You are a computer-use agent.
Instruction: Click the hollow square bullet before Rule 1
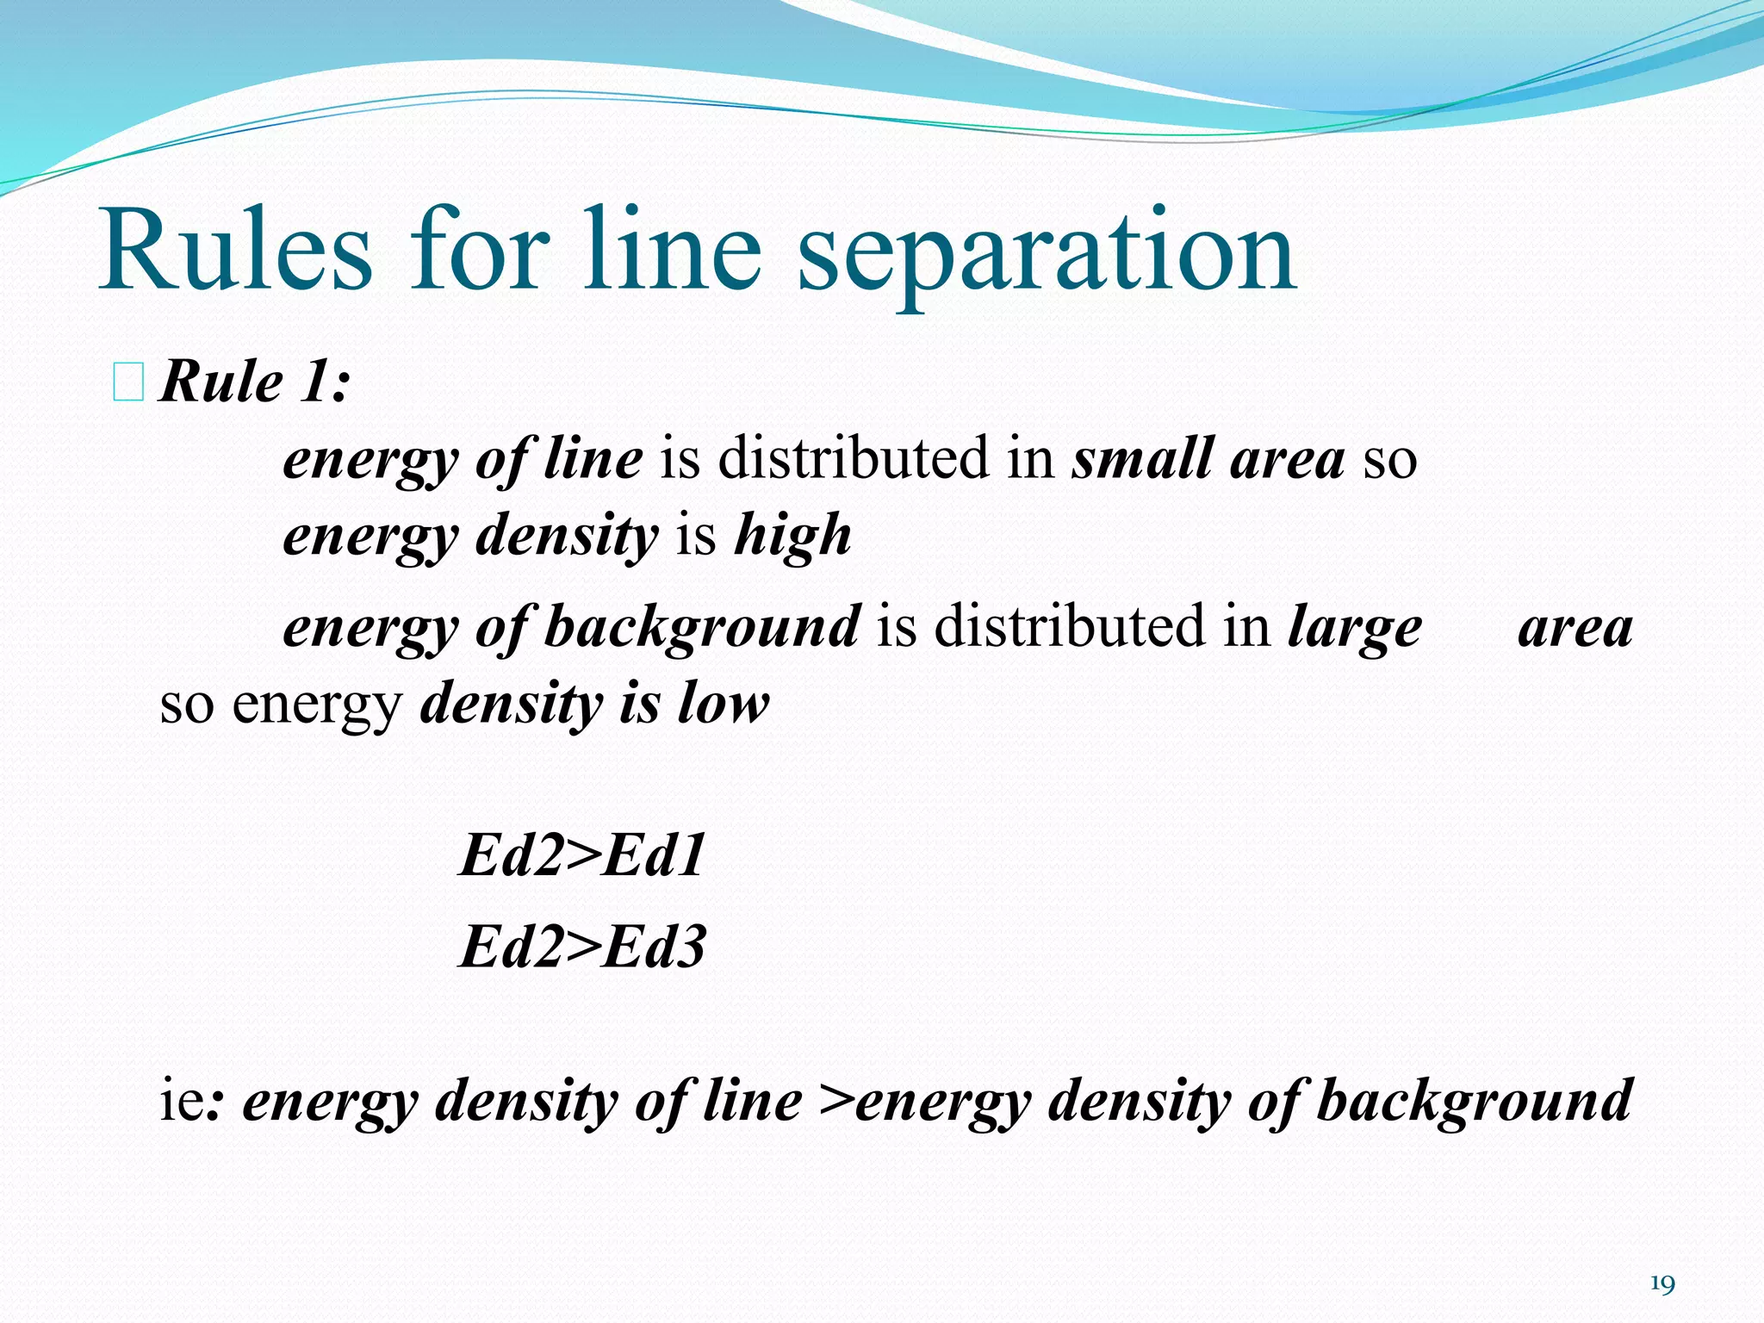[x=128, y=382]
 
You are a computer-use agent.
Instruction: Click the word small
[x=1141, y=457]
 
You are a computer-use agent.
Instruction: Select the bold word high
[x=792, y=535]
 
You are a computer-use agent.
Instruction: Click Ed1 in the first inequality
[x=654, y=855]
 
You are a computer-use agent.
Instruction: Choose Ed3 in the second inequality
[x=654, y=947]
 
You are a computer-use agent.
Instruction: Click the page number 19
[x=1662, y=1284]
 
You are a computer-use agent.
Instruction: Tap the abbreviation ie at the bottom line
[x=182, y=1100]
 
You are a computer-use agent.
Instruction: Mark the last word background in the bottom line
[x=1474, y=1102]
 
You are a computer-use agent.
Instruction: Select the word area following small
[x=1287, y=457]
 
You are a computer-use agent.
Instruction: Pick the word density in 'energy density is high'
[x=566, y=535]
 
